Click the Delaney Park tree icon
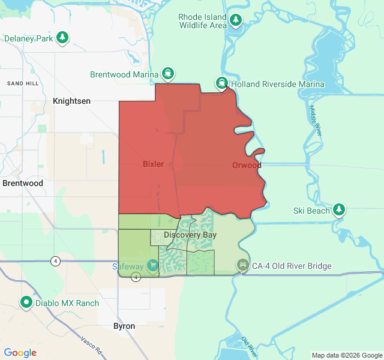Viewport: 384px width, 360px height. tap(62, 38)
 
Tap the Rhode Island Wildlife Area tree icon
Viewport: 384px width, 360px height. tap(236, 21)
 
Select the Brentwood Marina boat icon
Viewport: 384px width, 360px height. tap(168, 74)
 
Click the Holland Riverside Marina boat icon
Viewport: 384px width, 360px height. tap(222, 83)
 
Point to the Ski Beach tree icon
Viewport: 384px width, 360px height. tap(340, 210)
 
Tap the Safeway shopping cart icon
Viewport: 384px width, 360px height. tap(152, 265)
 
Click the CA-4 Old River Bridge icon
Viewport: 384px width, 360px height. tap(242, 265)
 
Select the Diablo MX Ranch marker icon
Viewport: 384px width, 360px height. tap(26, 302)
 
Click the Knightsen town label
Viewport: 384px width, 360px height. tap(71, 101)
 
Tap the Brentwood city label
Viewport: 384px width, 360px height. tap(23, 183)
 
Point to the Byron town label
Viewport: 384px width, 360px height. tap(124, 326)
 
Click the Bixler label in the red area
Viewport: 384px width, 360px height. tap(153, 164)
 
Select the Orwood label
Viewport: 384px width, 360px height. tap(247, 165)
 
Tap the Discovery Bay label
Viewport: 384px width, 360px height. tap(190, 235)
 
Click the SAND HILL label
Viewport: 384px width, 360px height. tap(23, 83)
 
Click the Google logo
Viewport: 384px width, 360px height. tap(20, 353)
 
